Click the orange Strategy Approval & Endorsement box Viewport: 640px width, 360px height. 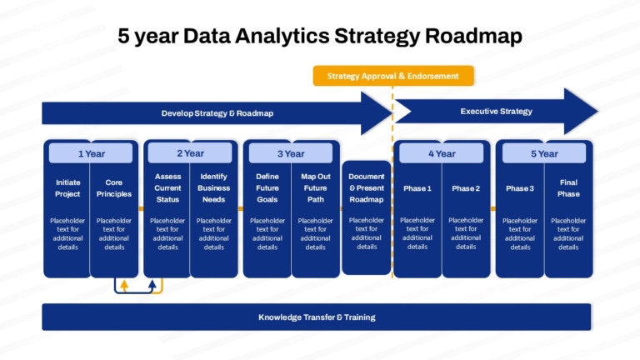coord(393,76)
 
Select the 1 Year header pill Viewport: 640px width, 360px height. coord(91,153)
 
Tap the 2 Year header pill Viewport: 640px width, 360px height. coord(190,153)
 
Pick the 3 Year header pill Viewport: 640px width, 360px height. coord(291,154)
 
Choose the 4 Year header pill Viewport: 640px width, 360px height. coord(441,154)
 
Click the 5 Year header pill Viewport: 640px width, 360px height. coord(544,154)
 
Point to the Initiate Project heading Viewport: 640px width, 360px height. coord(67,188)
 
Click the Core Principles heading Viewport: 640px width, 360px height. coord(114,188)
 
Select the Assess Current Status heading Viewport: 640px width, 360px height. coord(167,188)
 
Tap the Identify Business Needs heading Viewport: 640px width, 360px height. coord(214,188)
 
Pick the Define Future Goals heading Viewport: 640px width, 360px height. coord(267,188)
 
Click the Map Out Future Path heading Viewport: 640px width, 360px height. coord(316,188)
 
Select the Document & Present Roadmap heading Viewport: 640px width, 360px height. coord(367,188)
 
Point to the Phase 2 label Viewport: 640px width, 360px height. coord(466,188)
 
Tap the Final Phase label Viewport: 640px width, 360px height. coord(568,188)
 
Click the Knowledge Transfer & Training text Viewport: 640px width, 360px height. coord(317,317)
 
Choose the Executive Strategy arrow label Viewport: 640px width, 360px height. coord(497,112)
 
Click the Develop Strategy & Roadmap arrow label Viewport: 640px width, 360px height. coord(217,113)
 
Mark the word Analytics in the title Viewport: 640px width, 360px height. coord(282,36)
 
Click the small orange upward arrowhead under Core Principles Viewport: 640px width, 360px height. coord(124,284)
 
